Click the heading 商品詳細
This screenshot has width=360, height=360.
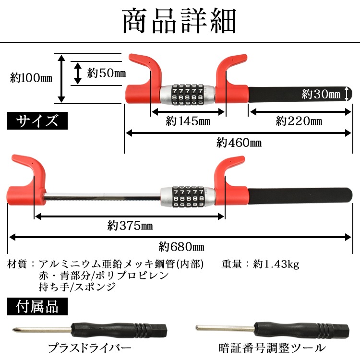tap(180, 21)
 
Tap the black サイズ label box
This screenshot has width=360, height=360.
tap(37, 120)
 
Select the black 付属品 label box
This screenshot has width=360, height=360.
tap(37, 306)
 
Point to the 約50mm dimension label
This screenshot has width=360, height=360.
tap(106, 73)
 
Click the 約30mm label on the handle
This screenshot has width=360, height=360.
tap(321, 94)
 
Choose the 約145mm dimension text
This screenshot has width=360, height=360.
tap(188, 121)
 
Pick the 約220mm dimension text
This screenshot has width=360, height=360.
tap(299, 121)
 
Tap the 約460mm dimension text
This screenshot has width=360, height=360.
tap(239, 142)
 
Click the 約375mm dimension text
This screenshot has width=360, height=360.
tap(130, 225)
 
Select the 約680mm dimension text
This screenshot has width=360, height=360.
tap(181, 247)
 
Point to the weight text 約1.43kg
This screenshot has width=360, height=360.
tap(276, 264)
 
